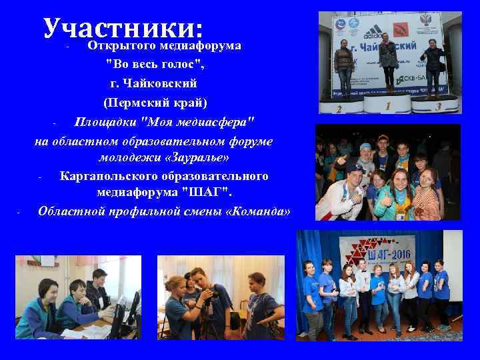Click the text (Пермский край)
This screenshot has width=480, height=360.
(x=155, y=103)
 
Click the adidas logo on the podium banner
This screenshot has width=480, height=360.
(x=373, y=31)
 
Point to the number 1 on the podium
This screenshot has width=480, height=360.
(x=388, y=105)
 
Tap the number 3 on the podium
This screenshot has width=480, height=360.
(x=437, y=106)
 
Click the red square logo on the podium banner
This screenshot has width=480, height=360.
(x=400, y=31)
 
